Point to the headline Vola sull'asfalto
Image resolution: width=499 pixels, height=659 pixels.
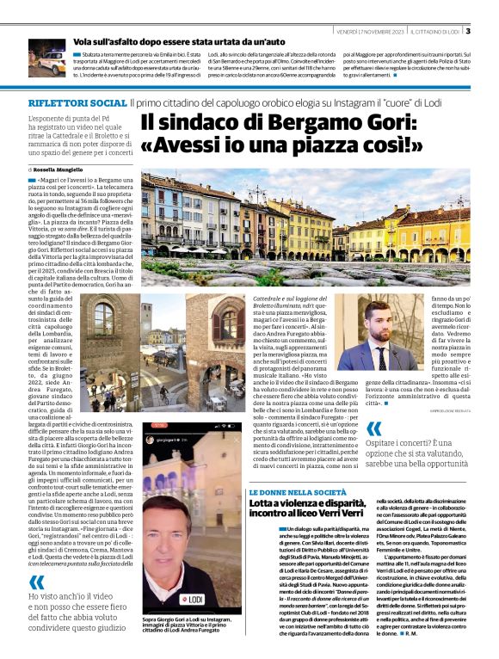click(146, 41)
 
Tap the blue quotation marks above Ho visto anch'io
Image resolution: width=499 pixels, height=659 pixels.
click(37, 582)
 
